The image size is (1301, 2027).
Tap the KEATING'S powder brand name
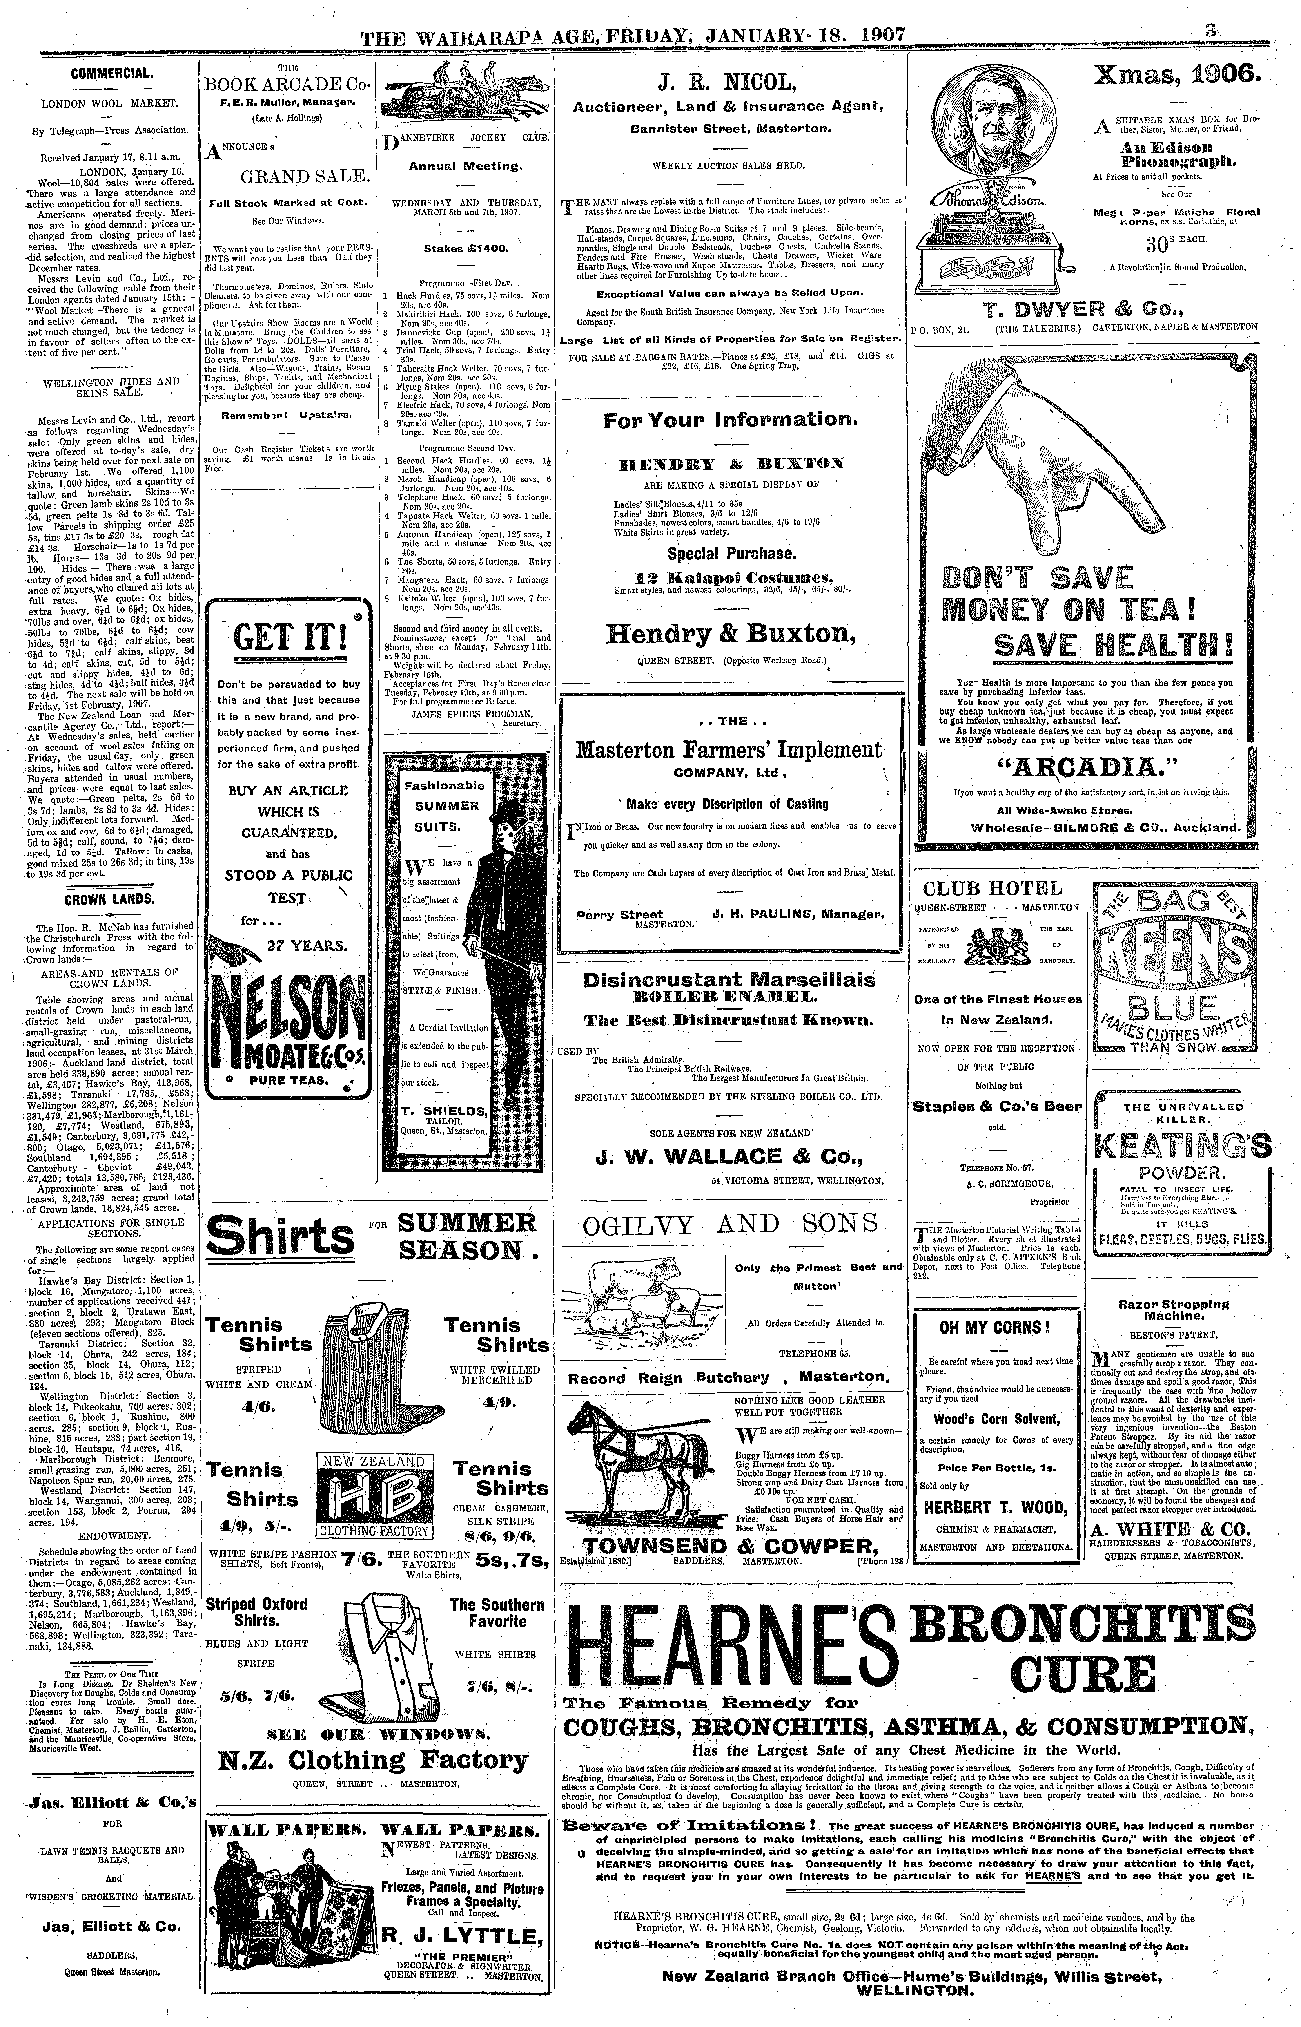(x=1183, y=1146)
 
